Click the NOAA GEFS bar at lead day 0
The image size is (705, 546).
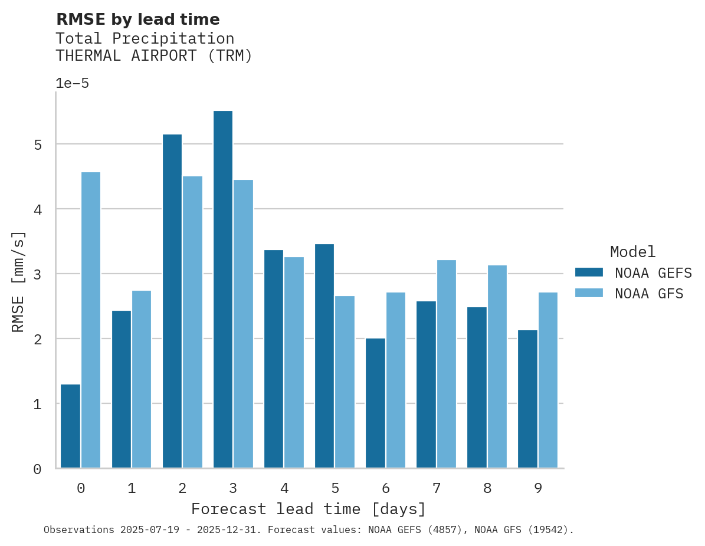70,426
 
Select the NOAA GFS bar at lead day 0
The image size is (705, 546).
91,320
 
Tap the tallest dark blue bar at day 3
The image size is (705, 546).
222,290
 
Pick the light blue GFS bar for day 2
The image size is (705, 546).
192,322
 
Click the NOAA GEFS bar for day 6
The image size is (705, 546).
375,403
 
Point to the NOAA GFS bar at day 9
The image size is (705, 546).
547,380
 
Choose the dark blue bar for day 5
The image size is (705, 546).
324,356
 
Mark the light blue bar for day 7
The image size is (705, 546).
446,364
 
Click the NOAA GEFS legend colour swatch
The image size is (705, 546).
589,272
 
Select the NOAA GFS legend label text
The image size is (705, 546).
649,294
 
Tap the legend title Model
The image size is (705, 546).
632,252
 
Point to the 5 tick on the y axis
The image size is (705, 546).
37,144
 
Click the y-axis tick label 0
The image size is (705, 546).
37,469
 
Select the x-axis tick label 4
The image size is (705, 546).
284,488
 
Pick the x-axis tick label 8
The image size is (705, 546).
487,488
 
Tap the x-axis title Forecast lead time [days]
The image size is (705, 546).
309,509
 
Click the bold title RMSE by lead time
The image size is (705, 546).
137,19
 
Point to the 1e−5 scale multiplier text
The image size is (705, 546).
72,84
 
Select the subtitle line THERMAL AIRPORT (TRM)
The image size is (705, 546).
153,56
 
